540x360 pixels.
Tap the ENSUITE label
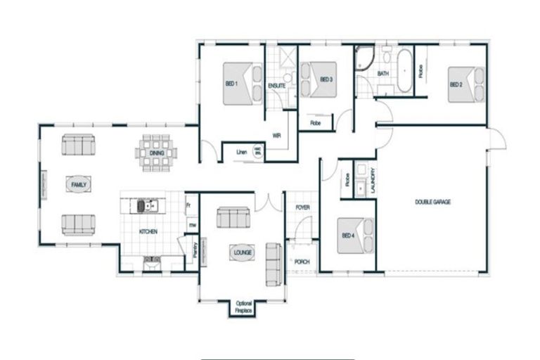[x=276, y=86]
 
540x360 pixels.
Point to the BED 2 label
[x=456, y=84]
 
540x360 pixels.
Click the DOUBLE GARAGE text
[x=433, y=202]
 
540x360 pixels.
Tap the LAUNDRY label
[x=373, y=181]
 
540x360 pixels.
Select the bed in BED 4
[x=356, y=236]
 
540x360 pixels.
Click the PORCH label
[x=302, y=262]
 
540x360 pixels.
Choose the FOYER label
[x=302, y=208]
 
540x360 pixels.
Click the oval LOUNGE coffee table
[x=240, y=252]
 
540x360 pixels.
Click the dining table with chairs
[x=157, y=153]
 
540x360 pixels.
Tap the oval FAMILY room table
[x=77, y=184]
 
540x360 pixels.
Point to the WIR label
[x=276, y=136]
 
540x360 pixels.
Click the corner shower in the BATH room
[x=364, y=59]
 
